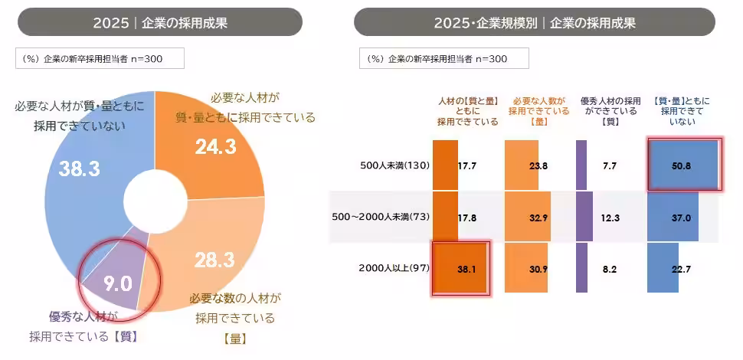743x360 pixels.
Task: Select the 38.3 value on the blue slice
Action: (x=80, y=169)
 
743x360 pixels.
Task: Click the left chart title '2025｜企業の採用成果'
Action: (x=160, y=22)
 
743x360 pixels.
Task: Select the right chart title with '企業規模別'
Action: (x=534, y=22)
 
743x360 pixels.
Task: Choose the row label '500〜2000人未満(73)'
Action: (x=380, y=217)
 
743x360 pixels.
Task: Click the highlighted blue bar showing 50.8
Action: (x=683, y=164)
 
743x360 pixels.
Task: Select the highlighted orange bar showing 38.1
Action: (x=460, y=268)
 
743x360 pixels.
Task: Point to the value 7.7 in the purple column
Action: (x=610, y=165)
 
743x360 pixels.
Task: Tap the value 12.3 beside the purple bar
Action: (x=610, y=217)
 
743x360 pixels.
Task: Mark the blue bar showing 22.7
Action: (x=663, y=268)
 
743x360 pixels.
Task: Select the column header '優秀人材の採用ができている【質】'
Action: (x=610, y=110)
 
